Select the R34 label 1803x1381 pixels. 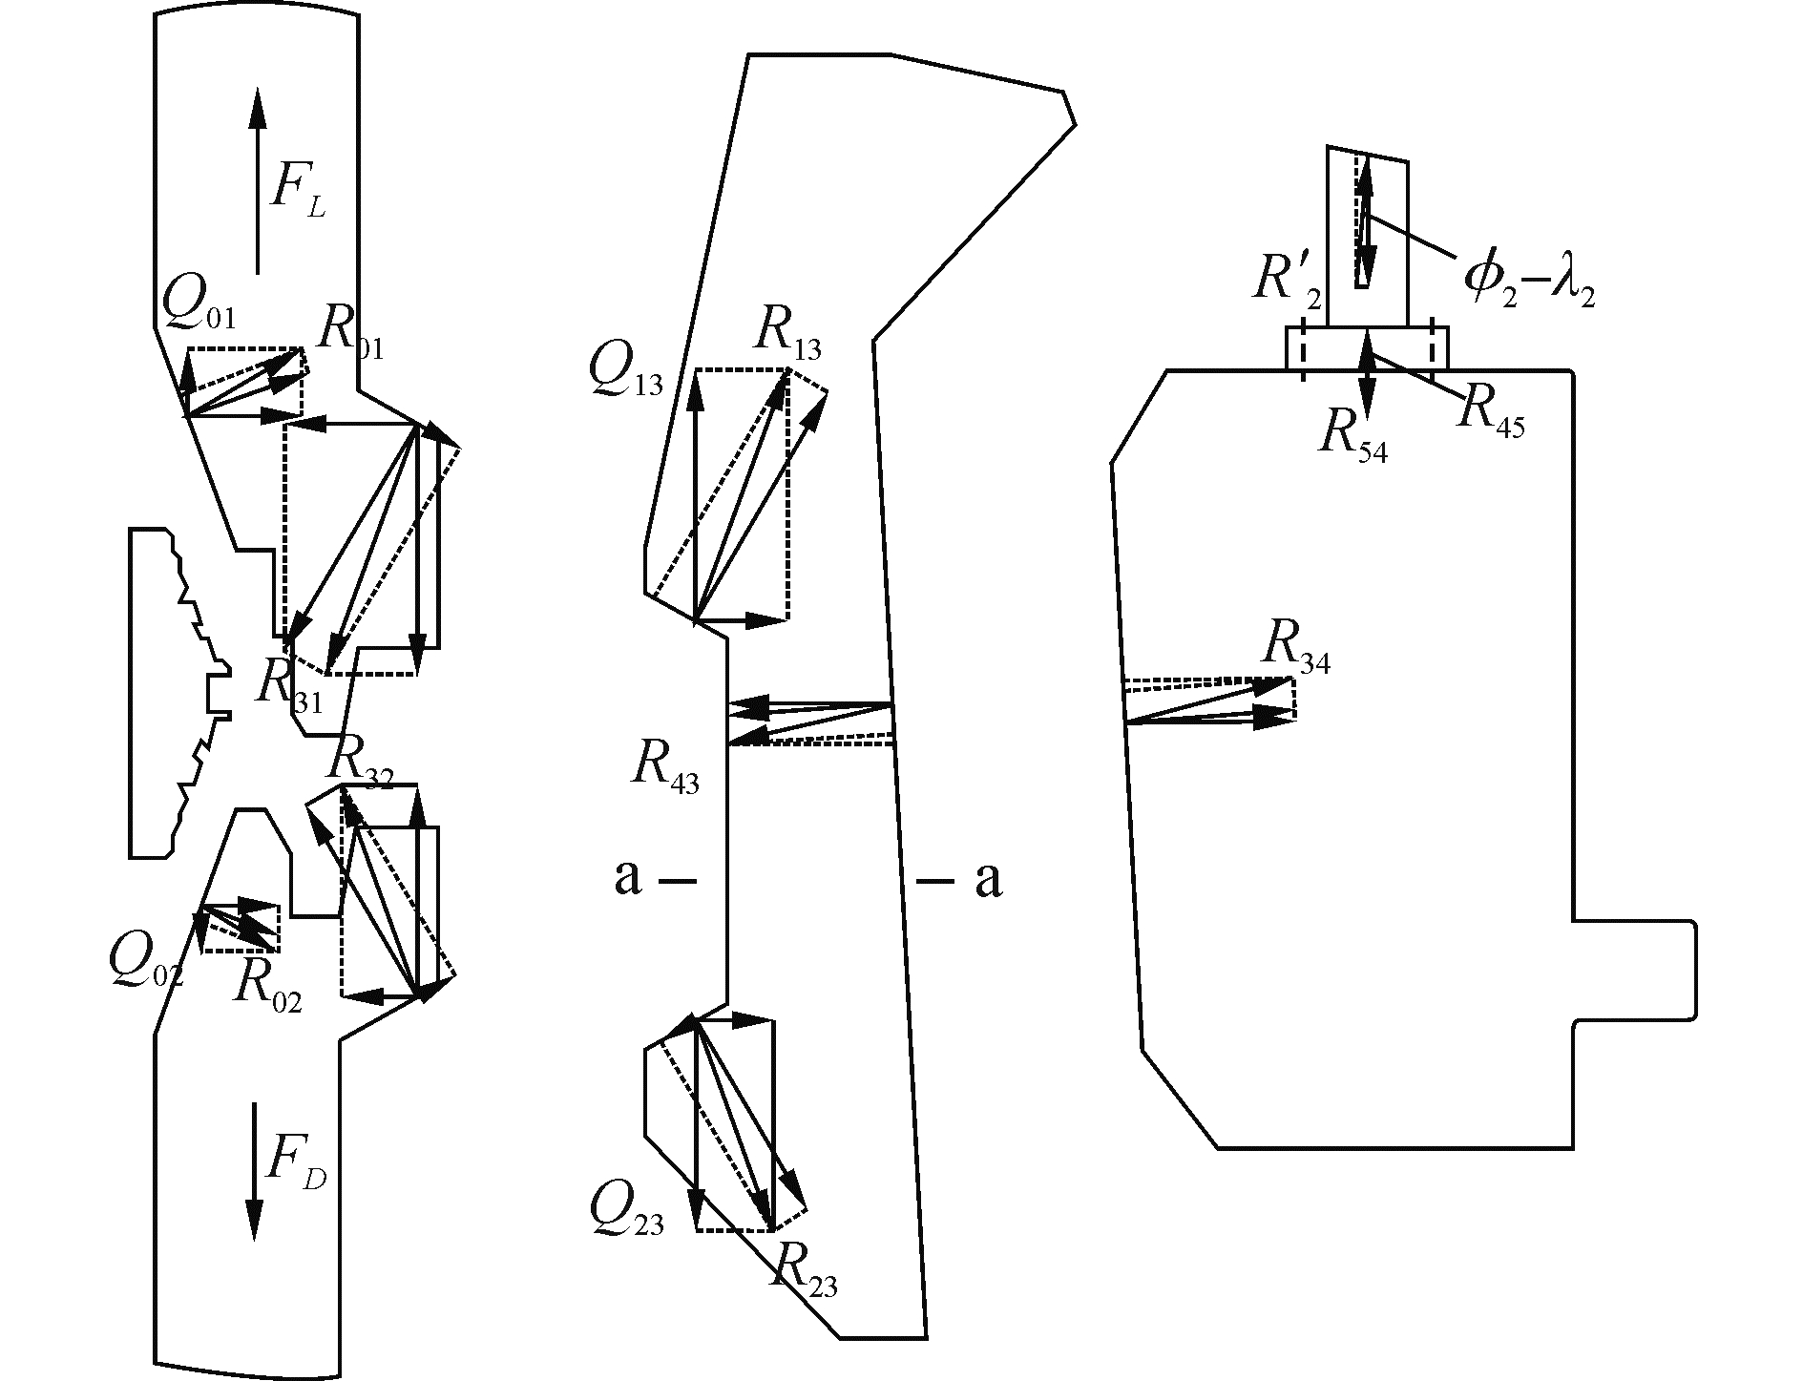point(1295,647)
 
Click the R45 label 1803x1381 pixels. point(1491,413)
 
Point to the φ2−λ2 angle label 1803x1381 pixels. point(1528,280)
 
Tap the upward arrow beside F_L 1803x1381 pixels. point(256,180)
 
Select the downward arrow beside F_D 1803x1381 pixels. point(254,1171)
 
